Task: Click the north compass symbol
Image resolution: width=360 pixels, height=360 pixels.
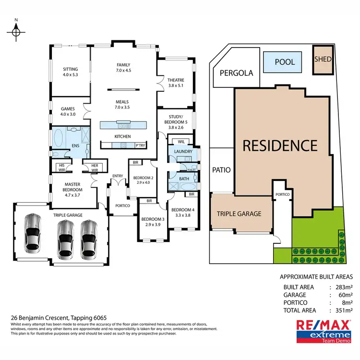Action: [x=16, y=32]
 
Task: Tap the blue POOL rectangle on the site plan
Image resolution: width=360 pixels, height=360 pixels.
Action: [x=285, y=62]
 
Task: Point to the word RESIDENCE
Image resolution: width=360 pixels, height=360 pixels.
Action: [x=280, y=145]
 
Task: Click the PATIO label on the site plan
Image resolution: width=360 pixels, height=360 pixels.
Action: [x=221, y=170]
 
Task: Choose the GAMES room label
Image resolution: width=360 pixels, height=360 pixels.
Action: [x=69, y=108]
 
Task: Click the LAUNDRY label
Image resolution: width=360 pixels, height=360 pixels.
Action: [x=183, y=152]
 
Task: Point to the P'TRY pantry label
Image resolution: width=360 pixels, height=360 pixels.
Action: [x=141, y=145]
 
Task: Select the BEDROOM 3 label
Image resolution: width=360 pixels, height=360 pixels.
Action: [x=152, y=219]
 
